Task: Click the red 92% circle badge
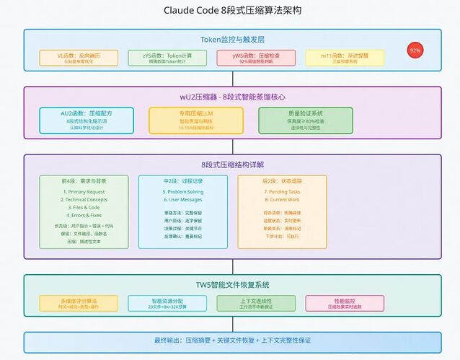[x=415, y=51]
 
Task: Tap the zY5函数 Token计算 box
[x=164, y=57]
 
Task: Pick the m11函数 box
[x=345, y=57]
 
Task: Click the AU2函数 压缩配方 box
[x=86, y=120]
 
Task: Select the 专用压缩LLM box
[x=192, y=120]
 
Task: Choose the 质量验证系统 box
[x=306, y=120]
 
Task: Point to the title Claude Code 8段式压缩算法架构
[x=230, y=12]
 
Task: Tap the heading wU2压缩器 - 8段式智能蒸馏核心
[x=230, y=97]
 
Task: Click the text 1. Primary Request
[x=83, y=192]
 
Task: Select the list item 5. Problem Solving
[x=183, y=192]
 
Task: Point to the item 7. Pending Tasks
[x=282, y=192]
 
